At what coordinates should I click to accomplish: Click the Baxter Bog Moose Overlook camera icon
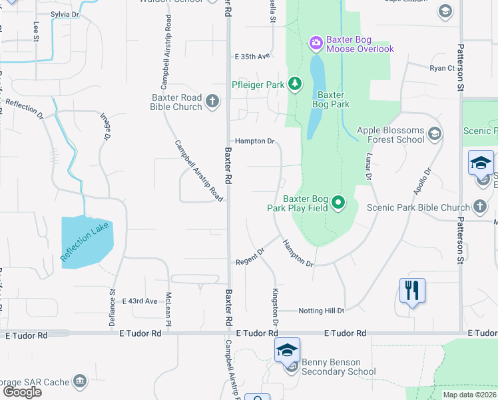pos(316,43)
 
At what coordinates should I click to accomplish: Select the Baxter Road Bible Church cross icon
pos(212,101)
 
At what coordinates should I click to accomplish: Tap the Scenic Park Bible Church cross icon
pos(480,207)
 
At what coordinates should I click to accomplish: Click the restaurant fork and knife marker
pos(412,290)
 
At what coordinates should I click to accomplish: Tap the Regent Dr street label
pos(250,256)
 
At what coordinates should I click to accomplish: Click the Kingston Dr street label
pos(274,307)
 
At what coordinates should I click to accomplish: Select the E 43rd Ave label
pos(139,301)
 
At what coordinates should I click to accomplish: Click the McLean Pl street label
pos(169,309)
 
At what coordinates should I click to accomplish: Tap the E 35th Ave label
pos(252,56)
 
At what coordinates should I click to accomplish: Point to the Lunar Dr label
pos(367,167)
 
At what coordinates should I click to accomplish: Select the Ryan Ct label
pos(442,68)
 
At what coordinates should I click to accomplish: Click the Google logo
pos(22,392)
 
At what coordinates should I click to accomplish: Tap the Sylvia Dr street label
pos(64,14)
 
